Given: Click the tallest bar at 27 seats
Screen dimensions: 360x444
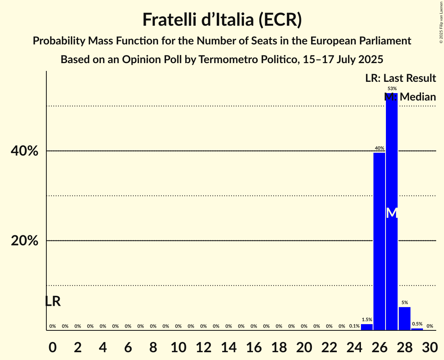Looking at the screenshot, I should [x=392, y=156].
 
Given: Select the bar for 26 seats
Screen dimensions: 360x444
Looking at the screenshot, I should [x=379, y=242].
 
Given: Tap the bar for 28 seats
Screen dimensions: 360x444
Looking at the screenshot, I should [x=405, y=319].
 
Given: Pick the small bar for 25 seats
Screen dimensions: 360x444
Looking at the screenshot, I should [x=367, y=327].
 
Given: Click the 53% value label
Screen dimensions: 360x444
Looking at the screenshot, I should [x=392, y=88].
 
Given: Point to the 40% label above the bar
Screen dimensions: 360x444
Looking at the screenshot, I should [x=379, y=148].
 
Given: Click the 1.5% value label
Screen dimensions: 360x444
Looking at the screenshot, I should [x=367, y=319].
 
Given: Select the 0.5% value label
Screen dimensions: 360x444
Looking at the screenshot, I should [x=417, y=324].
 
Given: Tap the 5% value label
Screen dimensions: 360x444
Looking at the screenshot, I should [x=405, y=302].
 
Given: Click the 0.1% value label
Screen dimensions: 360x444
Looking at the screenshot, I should [x=354, y=326].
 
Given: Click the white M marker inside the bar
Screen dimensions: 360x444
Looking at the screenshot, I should [x=392, y=213].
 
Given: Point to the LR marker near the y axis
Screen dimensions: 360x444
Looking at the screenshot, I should [x=53, y=301].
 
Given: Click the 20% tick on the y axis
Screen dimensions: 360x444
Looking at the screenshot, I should [x=25, y=241].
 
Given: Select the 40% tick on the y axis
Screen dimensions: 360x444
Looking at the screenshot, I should [x=25, y=151].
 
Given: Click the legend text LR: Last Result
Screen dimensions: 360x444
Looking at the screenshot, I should [x=400, y=78].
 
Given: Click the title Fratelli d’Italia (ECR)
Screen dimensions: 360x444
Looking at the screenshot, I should [x=222, y=20].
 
